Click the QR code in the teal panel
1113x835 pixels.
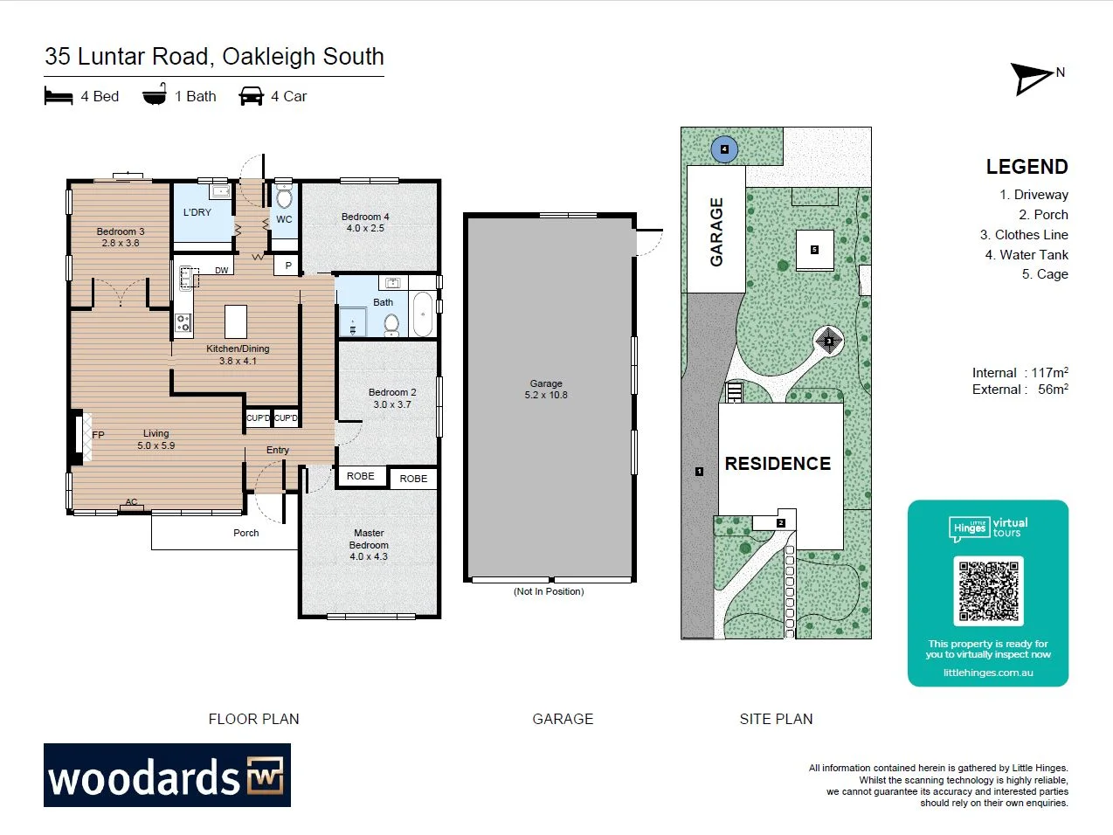click(x=988, y=590)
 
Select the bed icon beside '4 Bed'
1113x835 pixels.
click(x=59, y=96)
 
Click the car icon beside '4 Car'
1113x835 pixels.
click(x=251, y=96)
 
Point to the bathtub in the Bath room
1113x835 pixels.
click(x=423, y=314)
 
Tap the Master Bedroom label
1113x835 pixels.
click(x=369, y=544)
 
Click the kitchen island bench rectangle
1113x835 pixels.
click(x=236, y=321)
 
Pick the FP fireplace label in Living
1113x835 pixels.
click(x=98, y=435)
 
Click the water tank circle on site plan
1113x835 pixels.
click(x=724, y=149)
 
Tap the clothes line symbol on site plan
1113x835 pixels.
click(x=828, y=341)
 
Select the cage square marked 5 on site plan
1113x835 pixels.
click(x=814, y=250)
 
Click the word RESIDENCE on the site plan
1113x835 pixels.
click(x=778, y=464)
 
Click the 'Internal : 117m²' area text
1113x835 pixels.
click(x=1020, y=373)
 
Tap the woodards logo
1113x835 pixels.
click(x=167, y=776)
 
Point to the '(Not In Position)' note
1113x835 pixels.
click(x=549, y=591)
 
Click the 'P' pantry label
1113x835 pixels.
click(x=288, y=266)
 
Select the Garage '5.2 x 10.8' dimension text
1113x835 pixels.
click(x=546, y=395)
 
